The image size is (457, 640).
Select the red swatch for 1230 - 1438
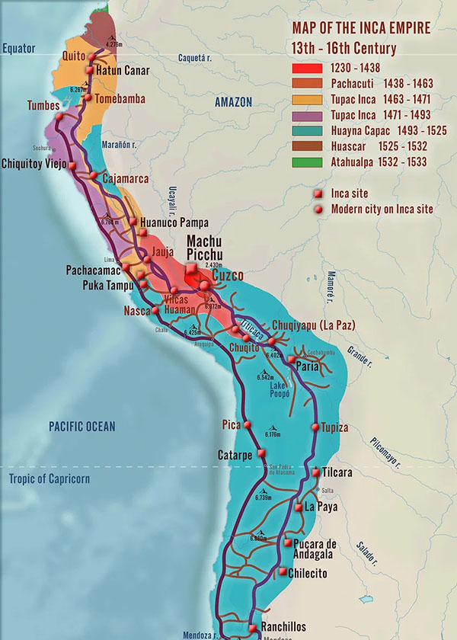tap(307, 67)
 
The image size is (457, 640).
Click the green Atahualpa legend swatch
tap(307, 162)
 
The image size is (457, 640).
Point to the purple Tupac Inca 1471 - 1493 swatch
tap(307, 114)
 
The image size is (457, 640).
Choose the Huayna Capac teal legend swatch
tap(307, 130)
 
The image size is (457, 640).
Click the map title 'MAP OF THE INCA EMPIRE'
tap(361, 28)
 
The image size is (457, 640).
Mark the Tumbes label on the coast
tap(42, 105)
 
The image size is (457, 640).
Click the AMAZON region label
tap(233, 102)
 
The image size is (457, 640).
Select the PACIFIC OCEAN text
tap(82, 426)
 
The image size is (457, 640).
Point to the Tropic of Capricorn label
tap(50, 478)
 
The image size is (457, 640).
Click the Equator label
tap(19, 48)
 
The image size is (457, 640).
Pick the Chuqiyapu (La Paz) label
tap(313, 325)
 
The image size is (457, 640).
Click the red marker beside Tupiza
tap(314, 427)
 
